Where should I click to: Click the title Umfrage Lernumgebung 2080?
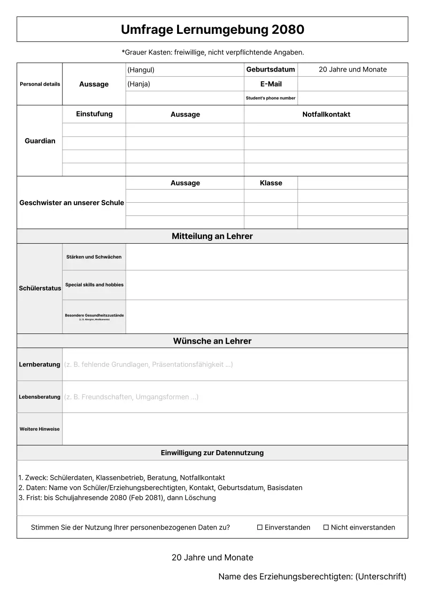[x=212, y=30]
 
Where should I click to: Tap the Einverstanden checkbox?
[x=260, y=527]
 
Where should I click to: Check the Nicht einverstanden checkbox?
[x=326, y=527]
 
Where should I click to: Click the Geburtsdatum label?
[x=270, y=70]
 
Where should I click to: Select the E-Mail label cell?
[x=270, y=84]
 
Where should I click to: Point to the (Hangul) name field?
[x=185, y=70]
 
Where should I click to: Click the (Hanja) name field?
[x=185, y=84]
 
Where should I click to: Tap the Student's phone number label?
[x=270, y=98]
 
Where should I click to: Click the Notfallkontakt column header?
[x=326, y=114]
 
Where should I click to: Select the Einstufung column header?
[x=94, y=114]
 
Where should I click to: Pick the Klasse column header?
[x=270, y=183]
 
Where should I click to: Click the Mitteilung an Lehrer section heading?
[x=212, y=236]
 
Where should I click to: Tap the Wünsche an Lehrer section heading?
[x=212, y=341]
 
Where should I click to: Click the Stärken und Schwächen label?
[x=94, y=257]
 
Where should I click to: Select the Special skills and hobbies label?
[x=94, y=285]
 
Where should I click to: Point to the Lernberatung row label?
[x=39, y=364]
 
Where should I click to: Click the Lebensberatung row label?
[x=39, y=397]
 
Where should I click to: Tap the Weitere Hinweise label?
[x=39, y=429]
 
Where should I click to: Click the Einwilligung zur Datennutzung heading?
[x=212, y=453]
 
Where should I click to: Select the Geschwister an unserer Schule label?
[x=71, y=203]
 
